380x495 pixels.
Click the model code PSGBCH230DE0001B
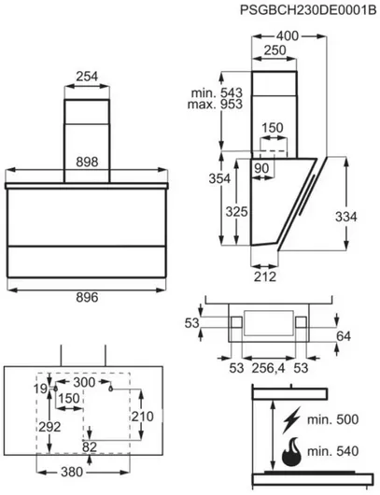[x=308, y=10]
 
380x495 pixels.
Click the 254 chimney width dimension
[x=87, y=77]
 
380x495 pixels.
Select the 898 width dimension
[x=87, y=163]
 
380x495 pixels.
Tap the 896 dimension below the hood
[x=87, y=297]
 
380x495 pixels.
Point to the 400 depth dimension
[x=288, y=36]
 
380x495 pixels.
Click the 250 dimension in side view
[x=274, y=50]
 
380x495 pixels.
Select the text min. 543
[x=217, y=92]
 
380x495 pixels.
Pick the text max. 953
[x=215, y=105]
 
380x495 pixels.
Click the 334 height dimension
[x=345, y=217]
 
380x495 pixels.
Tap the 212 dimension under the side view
[x=265, y=276]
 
